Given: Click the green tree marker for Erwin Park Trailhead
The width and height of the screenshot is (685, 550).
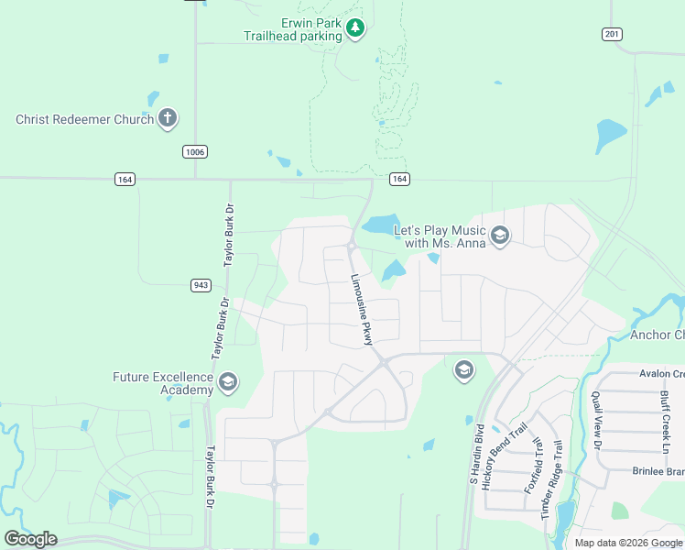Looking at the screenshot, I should pos(356,29).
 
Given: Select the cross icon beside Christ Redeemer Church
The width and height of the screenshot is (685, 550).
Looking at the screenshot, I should pos(167,118).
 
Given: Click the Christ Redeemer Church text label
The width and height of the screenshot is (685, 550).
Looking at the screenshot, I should pos(84,119).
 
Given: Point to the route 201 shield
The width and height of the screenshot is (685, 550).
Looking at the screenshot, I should pos(612,35).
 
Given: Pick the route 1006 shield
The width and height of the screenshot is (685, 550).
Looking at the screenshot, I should pos(193,151).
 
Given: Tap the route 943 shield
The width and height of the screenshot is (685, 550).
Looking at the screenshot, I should pos(202,285).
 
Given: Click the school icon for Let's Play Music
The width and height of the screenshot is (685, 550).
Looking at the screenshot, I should pos(499,236).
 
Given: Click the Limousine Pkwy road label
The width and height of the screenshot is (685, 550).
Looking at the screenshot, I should pos(363,309).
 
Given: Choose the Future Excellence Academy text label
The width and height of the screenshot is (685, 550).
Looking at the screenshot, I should pos(163,383).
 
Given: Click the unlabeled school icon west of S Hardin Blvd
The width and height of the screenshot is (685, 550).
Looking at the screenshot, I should pos(463,369).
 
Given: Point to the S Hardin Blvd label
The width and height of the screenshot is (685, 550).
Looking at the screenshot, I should pos(476,453).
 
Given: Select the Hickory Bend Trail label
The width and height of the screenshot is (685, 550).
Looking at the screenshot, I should pos(505,456).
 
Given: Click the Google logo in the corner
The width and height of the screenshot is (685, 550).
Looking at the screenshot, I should pos(30,539).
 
